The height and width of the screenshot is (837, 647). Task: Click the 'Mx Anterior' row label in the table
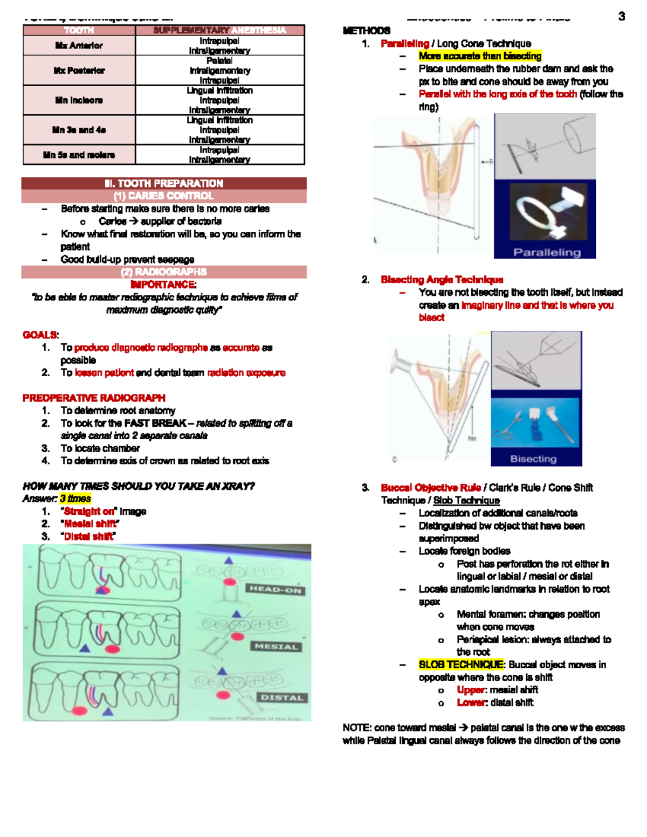coord(79,46)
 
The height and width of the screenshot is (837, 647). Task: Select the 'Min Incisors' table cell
coord(79,100)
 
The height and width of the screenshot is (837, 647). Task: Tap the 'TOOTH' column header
coord(79,30)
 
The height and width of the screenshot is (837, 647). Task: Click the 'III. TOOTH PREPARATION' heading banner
coord(164,183)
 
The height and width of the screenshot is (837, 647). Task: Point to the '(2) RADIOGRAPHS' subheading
coord(164,272)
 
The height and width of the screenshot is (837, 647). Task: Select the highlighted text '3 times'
coord(75,499)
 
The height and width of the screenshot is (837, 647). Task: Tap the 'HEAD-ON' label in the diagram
coord(275,590)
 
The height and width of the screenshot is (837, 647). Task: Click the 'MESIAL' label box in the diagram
coord(276,646)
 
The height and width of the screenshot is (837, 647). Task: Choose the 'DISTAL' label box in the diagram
coord(281,697)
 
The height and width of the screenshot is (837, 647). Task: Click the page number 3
coord(622,17)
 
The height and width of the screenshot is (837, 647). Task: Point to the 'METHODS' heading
coord(367,31)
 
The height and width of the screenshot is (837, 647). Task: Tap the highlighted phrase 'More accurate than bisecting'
coord(480,56)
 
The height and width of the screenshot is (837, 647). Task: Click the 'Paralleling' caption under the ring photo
coord(547,252)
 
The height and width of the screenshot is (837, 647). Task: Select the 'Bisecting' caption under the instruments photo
coord(533,459)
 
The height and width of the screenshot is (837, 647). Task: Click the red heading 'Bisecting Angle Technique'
coord(442,280)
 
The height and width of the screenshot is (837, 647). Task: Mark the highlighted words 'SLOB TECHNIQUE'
coord(462,665)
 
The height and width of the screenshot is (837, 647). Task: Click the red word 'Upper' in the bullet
coord(471,690)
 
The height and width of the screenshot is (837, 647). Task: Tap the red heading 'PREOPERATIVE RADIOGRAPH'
coord(94,398)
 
